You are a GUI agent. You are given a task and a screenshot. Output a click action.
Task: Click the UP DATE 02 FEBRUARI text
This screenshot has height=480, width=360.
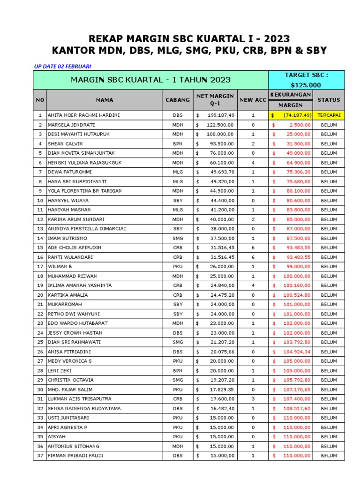[62, 66]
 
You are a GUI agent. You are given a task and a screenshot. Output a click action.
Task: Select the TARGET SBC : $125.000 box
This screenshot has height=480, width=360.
[306, 80]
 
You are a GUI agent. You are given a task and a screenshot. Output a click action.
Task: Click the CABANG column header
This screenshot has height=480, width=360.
[178, 100]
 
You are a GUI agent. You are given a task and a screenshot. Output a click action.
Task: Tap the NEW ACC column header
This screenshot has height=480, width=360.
[252, 100]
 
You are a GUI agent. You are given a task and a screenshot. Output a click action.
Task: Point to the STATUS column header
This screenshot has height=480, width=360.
[329, 100]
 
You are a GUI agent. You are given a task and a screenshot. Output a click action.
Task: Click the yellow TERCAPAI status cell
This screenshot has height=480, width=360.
[329, 115]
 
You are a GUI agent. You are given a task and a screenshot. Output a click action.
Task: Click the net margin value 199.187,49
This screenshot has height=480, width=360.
[220, 115]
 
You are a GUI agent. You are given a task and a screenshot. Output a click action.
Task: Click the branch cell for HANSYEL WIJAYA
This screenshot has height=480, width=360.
[178, 201]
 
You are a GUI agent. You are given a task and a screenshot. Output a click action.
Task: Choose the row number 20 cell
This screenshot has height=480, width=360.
[40, 295]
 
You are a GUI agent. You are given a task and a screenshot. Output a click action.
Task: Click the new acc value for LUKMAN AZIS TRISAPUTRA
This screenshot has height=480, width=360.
[252, 399]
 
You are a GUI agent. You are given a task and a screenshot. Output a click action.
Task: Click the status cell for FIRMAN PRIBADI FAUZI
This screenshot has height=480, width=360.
[329, 456]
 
